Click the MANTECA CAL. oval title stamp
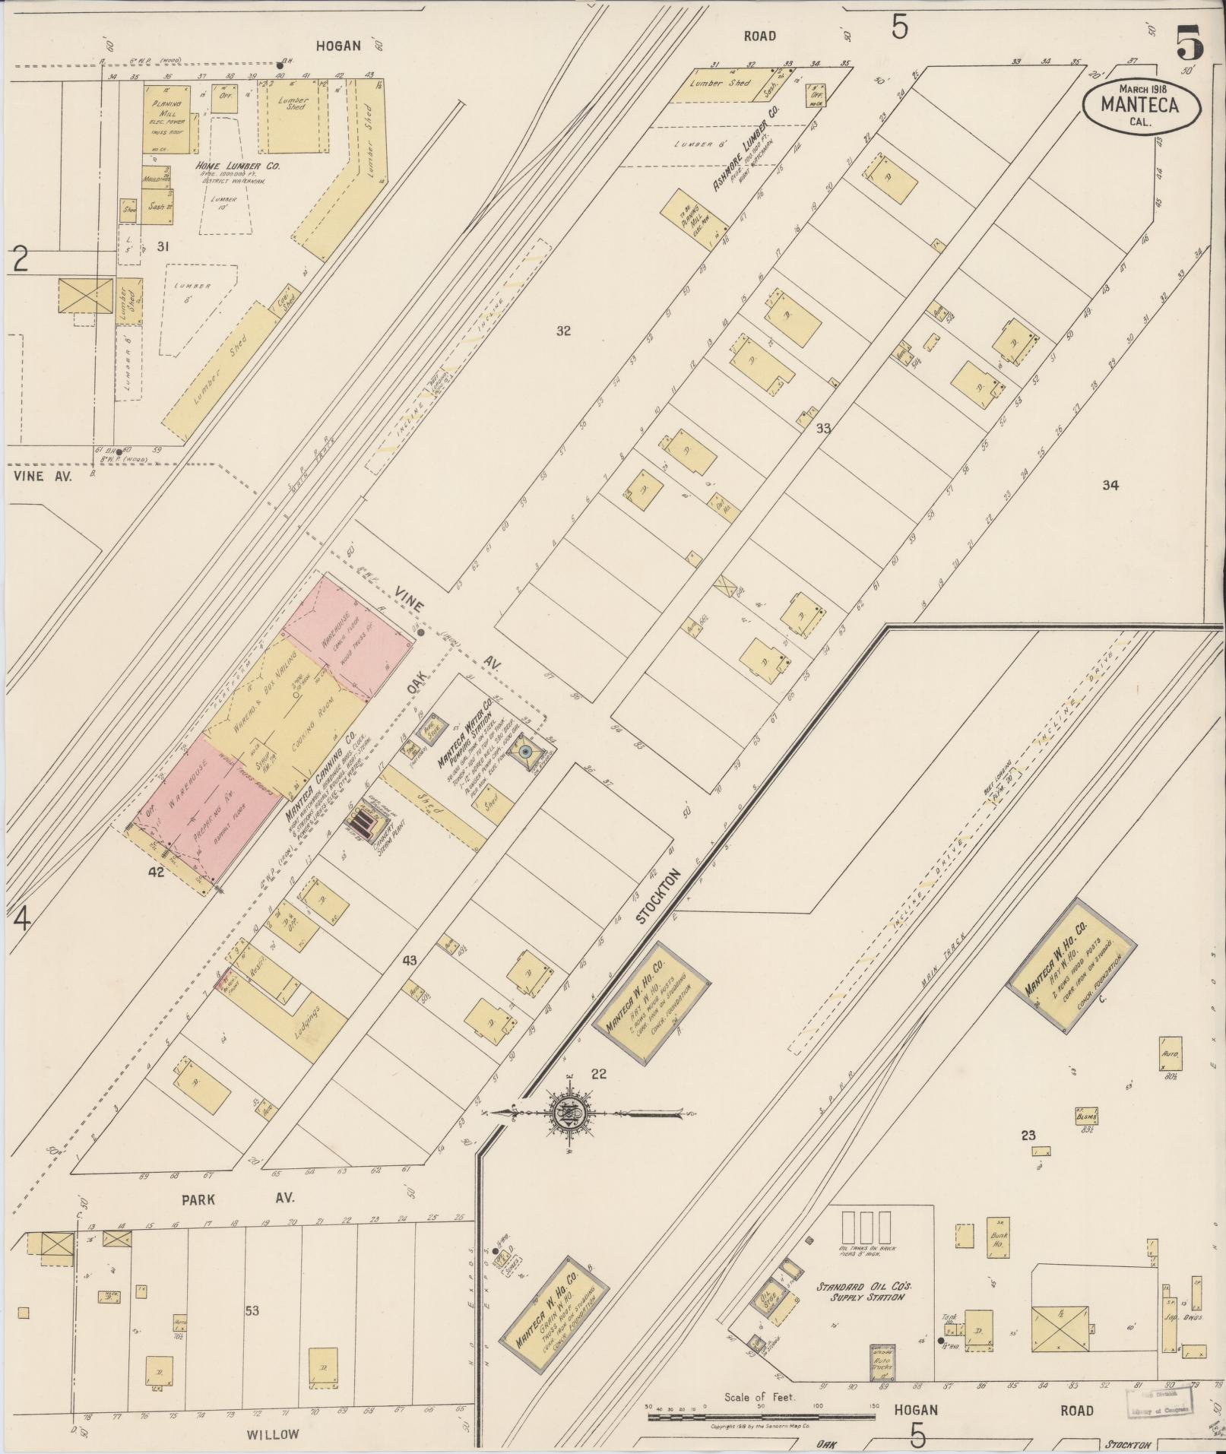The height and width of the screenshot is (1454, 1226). pos(1141,105)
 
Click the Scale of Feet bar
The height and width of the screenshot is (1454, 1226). pos(760,1417)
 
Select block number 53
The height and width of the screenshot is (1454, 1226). pos(252,1311)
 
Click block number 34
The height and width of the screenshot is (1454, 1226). pos(1110,485)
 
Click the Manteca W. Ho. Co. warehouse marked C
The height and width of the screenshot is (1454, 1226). pos(1072,966)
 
